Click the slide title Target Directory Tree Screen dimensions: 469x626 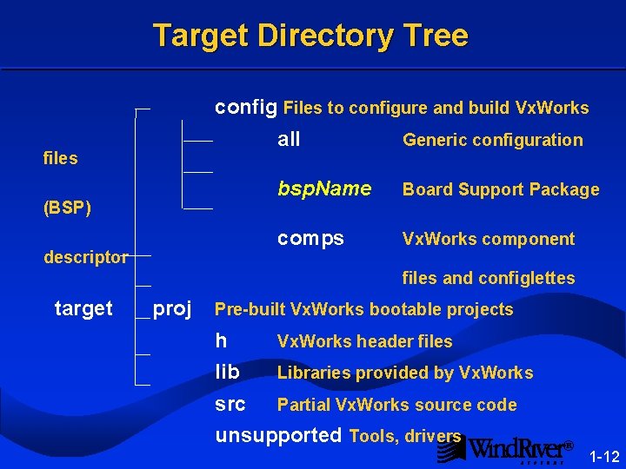tap(310, 36)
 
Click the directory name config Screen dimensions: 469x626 tap(246, 107)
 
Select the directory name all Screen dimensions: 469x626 tap(289, 139)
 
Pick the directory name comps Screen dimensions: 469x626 tap(310, 238)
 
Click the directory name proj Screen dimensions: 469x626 tap(172, 308)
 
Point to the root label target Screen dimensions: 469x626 tap(83, 308)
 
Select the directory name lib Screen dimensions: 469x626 tap(227, 373)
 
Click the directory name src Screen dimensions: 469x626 tap(230, 405)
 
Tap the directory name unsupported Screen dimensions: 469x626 tap(278, 435)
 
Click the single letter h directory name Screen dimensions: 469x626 tap(221, 341)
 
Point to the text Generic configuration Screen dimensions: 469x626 tap(492, 140)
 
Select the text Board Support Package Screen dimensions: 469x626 tap(501, 189)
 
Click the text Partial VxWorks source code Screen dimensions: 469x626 tap(396, 405)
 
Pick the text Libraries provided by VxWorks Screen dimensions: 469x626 tap(405, 373)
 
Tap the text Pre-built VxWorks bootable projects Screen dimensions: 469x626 tap(363, 309)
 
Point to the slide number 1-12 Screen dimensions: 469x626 tap(604, 457)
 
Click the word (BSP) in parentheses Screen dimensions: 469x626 tap(67, 208)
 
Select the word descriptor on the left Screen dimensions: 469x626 tap(86, 257)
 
